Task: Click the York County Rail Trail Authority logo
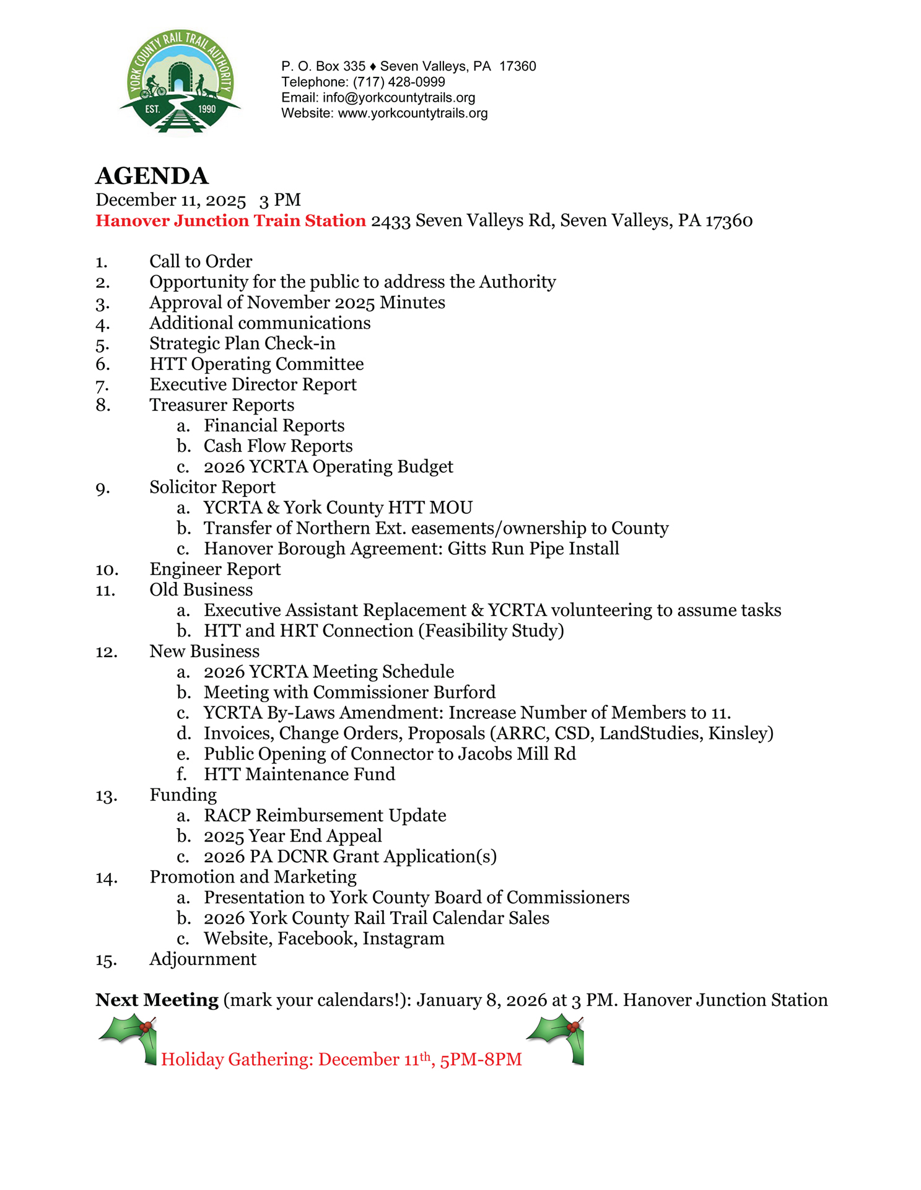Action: tap(180, 82)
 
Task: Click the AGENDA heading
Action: tap(152, 176)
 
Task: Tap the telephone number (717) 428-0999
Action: tap(399, 82)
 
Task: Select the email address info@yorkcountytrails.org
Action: tap(399, 97)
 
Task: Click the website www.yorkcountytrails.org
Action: tap(412, 113)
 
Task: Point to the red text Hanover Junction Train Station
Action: tap(230, 221)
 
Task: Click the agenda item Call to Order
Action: tap(201, 262)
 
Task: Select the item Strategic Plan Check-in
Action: tap(242, 343)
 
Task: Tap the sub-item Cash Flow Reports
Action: tap(278, 446)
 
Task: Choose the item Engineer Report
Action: tap(215, 569)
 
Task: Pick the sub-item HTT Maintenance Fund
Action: tap(299, 774)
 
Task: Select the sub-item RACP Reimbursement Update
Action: tap(325, 815)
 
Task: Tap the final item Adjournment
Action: tap(203, 959)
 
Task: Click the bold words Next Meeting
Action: tap(157, 1000)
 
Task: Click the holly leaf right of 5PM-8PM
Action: tap(557, 1038)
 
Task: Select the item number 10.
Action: tap(107, 570)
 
